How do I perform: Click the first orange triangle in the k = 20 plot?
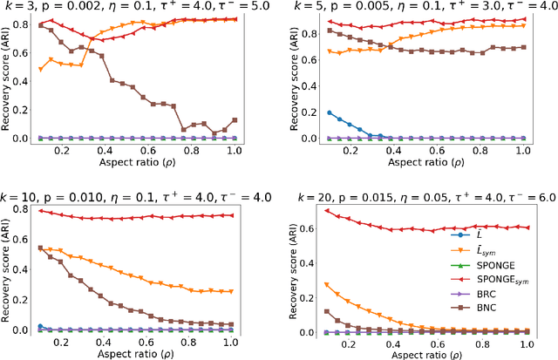(326, 284)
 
